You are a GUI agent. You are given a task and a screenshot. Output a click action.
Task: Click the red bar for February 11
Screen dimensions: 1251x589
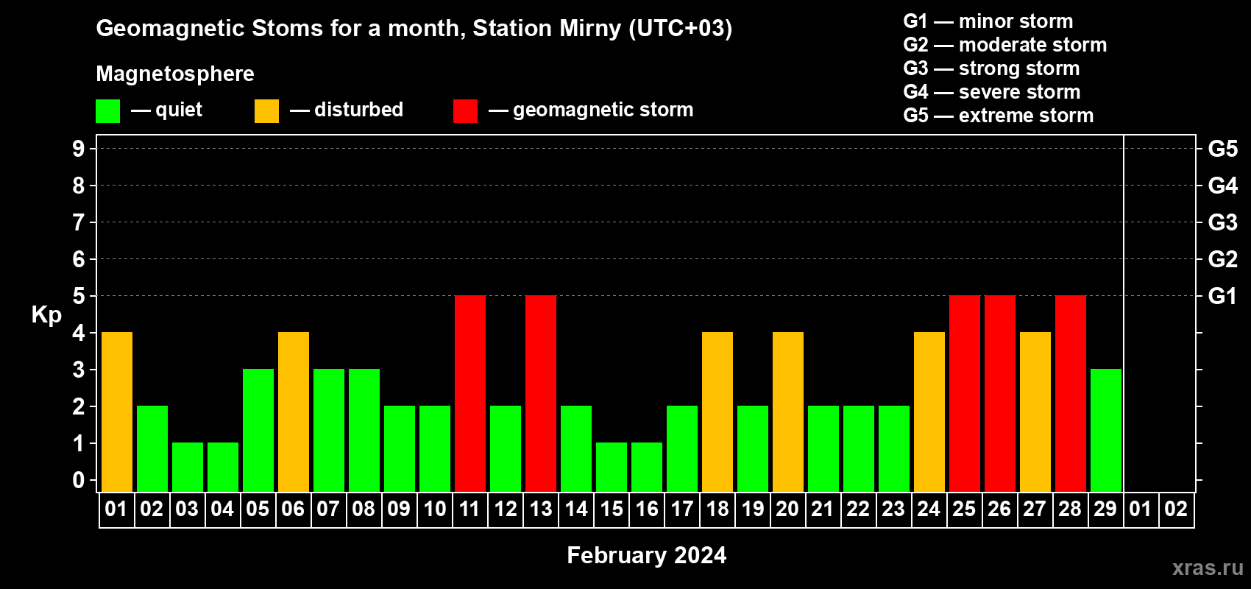pos(470,393)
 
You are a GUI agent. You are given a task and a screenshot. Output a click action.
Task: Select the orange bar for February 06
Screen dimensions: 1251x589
pos(294,412)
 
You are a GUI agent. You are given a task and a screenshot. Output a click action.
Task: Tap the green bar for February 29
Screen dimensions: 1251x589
pos(1106,430)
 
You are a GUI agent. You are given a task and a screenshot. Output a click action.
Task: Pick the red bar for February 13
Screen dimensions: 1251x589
pos(541,393)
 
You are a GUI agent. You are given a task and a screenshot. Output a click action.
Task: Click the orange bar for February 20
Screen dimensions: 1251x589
pos(788,412)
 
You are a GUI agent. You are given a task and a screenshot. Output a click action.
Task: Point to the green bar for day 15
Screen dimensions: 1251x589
pos(612,468)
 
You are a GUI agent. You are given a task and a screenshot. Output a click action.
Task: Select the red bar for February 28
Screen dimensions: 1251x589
pos(1071,393)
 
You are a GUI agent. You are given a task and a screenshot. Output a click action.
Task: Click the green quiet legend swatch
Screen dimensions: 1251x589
pos(107,110)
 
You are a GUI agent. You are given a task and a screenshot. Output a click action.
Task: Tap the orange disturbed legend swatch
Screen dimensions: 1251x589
pos(266,110)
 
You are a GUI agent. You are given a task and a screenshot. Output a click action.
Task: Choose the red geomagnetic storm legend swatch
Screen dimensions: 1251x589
pos(465,110)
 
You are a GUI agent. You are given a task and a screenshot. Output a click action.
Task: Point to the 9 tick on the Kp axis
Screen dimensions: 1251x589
pos(78,149)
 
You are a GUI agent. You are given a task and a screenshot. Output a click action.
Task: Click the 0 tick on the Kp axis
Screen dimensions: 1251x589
pos(78,480)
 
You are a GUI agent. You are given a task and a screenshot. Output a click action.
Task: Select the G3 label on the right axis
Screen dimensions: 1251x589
pos(1222,222)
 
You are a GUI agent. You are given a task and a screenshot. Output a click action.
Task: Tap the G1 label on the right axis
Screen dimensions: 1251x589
pos(1222,296)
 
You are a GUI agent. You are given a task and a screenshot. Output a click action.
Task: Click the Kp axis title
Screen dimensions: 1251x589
pos(46,315)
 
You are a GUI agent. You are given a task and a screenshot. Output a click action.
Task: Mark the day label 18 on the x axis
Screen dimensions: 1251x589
pos(717,509)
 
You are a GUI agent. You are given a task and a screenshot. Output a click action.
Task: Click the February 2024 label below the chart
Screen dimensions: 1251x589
pos(647,555)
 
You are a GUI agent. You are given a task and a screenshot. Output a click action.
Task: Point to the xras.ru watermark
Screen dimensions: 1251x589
pos(1208,568)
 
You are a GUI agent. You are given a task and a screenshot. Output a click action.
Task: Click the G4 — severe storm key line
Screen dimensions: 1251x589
pos(991,91)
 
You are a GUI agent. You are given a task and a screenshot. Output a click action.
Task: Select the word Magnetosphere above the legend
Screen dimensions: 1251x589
pos(175,74)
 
